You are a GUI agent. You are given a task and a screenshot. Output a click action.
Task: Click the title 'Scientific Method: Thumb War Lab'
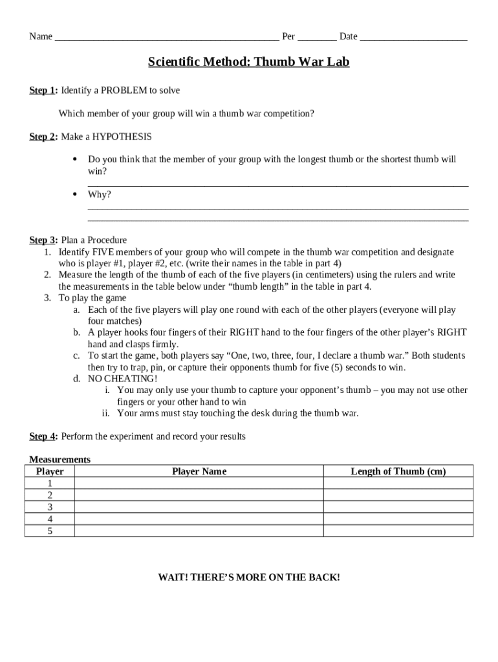tap(248, 63)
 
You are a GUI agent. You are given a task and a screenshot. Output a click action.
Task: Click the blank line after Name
tap(167, 37)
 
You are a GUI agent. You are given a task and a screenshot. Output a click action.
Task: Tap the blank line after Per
tap(317, 37)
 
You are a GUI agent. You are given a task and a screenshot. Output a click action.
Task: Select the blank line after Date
tap(413, 37)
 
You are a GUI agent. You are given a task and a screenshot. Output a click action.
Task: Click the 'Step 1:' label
tap(43, 91)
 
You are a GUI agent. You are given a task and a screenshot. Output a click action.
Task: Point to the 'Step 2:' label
tap(43, 136)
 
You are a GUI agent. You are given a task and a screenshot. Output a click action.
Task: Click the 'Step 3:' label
tap(43, 240)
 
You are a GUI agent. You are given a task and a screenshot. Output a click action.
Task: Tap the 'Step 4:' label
tap(43, 436)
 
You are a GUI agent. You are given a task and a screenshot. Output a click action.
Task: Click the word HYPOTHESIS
tap(122, 136)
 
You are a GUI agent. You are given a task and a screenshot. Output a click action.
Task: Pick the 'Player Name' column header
tap(199, 471)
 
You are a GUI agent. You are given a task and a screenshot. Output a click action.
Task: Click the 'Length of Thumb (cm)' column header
tap(398, 471)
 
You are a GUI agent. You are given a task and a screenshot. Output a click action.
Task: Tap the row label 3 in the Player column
tap(50, 507)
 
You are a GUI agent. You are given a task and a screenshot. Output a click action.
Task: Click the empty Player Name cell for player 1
tap(199, 483)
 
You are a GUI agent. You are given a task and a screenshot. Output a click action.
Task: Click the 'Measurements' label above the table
tap(60, 460)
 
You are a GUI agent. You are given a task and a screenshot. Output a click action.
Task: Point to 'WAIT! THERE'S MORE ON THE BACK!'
tap(249, 577)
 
